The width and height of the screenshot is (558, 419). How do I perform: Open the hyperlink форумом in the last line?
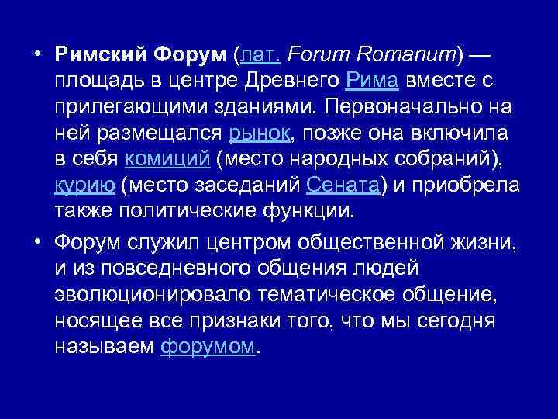click(207, 346)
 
